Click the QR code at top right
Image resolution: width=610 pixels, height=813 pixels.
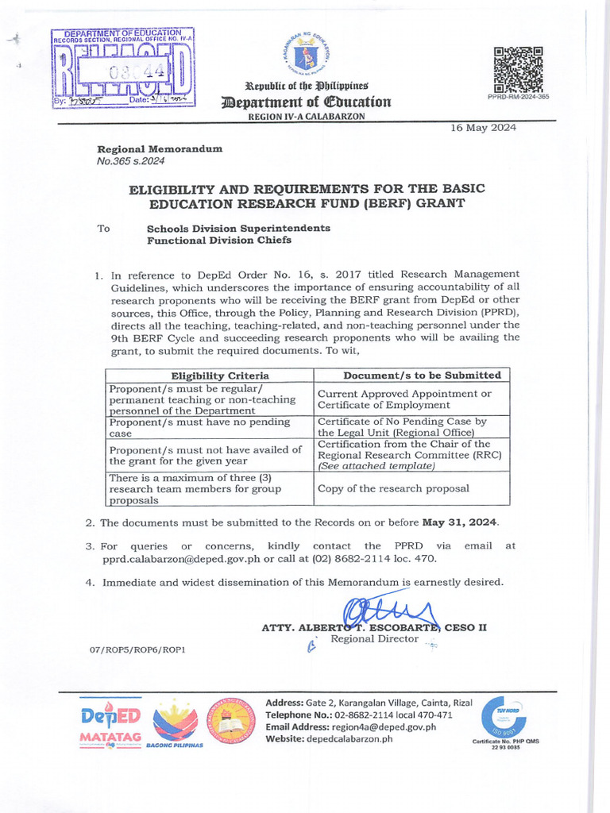coord(517,70)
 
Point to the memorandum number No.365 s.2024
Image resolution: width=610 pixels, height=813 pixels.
coord(131,161)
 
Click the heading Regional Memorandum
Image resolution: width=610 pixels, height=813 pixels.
coord(160,149)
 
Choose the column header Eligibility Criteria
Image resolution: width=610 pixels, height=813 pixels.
coord(210,375)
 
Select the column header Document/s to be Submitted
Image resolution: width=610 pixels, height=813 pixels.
coord(411,375)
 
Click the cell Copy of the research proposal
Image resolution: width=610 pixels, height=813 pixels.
coord(392,488)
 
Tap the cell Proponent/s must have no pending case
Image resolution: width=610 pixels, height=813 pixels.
coord(199,428)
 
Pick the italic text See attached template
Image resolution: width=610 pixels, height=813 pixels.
coord(376,466)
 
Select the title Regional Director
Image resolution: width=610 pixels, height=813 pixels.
coord(374,639)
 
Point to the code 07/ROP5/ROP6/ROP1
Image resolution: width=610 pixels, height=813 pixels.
coord(137,650)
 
